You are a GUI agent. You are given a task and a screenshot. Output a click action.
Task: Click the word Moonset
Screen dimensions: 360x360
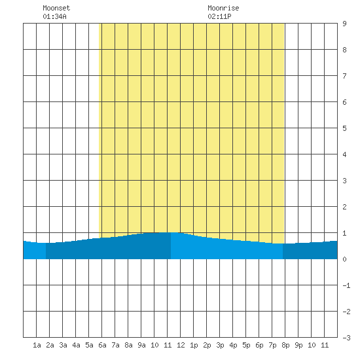tap(56, 9)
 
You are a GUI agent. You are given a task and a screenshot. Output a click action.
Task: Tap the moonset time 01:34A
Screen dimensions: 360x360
tap(54, 16)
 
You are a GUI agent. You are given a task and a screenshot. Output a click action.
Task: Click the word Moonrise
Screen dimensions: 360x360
tap(223, 9)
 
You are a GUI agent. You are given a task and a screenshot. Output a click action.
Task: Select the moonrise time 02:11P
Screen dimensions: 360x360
tap(219, 16)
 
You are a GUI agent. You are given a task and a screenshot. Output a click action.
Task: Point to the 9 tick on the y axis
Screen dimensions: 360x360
tap(344, 24)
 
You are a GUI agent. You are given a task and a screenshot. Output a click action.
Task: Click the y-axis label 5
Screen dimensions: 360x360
tap(344, 128)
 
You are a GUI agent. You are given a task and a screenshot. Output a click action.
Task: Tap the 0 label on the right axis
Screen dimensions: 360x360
tap(344, 259)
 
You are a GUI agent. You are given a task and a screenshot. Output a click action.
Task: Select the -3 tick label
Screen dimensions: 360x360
tap(346, 338)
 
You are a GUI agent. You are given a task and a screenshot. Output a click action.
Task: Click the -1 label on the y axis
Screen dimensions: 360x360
tap(346, 285)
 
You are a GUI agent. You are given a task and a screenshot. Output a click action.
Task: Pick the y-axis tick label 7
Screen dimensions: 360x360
tap(344, 76)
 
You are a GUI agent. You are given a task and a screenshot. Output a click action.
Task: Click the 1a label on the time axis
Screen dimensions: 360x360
tap(37, 345)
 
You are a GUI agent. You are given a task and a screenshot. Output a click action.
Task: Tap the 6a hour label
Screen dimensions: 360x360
tap(102, 345)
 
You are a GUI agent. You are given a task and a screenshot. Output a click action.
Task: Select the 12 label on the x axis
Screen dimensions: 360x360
tap(181, 345)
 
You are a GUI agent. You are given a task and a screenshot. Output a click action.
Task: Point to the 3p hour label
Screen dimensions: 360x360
tap(220, 345)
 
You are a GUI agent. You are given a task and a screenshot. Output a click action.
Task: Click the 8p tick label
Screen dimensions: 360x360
tap(285, 345)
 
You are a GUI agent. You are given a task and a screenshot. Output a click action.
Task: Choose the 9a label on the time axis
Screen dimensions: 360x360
tap(141, 345)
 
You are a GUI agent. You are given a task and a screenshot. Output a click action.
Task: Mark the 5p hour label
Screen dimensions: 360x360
tap(246, 345)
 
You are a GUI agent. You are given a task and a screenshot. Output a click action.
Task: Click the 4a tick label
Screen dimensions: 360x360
tap(76, 345)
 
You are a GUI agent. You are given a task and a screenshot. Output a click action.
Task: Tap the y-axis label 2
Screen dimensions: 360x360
tap(344, 207)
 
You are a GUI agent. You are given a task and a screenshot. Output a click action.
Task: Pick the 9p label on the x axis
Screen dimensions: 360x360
tap(298, 345)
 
